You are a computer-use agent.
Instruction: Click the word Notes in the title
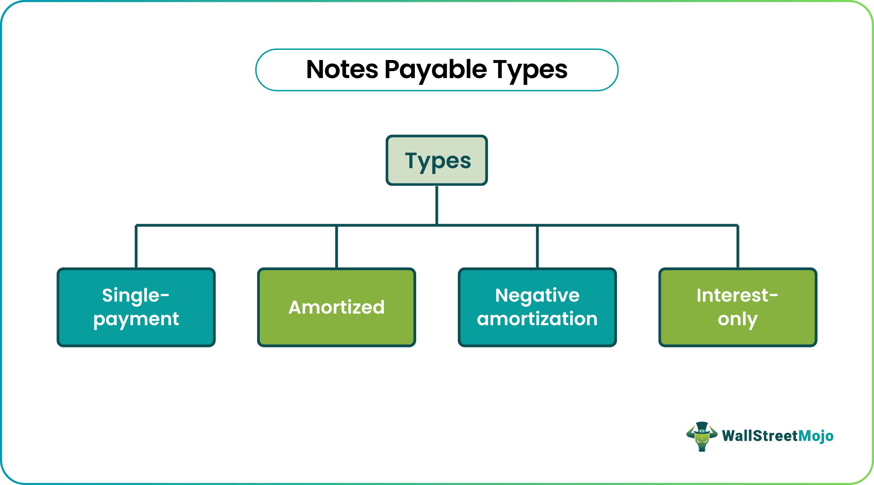[342, 70]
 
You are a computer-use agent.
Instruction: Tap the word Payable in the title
[435, 70]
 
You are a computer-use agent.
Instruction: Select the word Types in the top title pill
[530, 70]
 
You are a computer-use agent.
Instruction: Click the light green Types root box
[437, 161]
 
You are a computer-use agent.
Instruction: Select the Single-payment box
[136, 307]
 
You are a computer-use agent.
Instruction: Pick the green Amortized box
[337, 307]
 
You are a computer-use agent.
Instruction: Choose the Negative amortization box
[537, 307]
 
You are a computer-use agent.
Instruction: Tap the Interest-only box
[738, 307]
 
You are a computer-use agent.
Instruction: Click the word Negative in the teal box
[537, 295]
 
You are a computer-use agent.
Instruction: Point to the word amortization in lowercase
[537, 319]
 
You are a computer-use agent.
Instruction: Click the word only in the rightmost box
[738, 319]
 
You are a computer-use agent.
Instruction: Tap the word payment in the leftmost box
[136, 319]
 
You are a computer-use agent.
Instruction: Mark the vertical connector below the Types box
[437, 205]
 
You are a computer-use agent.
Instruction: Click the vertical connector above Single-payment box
[136, 247]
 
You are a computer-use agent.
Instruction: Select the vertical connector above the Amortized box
[337, 247]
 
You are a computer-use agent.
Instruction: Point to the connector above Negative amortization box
[537, 247]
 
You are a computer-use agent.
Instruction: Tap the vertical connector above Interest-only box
[738, 247]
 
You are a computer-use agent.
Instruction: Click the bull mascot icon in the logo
[702, 436]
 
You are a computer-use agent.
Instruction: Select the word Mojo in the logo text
[816, 436]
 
